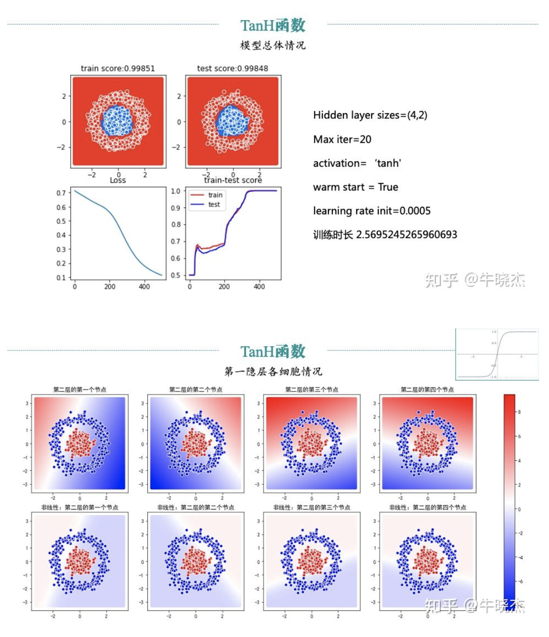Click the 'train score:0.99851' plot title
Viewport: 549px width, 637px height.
coord(118,68)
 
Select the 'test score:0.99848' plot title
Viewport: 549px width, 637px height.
coord(232,68)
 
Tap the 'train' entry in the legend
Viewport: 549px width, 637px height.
coord(215,195)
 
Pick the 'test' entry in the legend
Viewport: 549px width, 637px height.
coord(214,204)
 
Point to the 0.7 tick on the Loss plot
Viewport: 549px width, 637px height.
coord(61,193)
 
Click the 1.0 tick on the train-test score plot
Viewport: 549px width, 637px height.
coord(176,191)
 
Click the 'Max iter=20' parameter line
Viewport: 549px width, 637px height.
coord(342,139)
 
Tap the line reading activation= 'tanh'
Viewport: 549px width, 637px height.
coord(357,163)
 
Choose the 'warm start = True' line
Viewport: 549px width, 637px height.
coord(355,187)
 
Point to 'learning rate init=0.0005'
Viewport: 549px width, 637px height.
coord(372,211)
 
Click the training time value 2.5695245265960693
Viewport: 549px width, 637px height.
coord(406,235)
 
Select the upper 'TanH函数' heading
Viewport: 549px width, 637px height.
coord(273,25)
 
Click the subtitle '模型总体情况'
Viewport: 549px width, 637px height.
coord(273,45)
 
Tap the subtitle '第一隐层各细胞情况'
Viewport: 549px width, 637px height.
coord(273,372)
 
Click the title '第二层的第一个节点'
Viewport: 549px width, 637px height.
coord(80,390)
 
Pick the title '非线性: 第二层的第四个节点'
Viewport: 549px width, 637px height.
coord(428,508)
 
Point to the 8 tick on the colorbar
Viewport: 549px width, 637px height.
coord(519,412)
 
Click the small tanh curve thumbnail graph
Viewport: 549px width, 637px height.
coord(497,354)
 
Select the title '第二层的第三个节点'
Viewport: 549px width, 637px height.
coord(312,390)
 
